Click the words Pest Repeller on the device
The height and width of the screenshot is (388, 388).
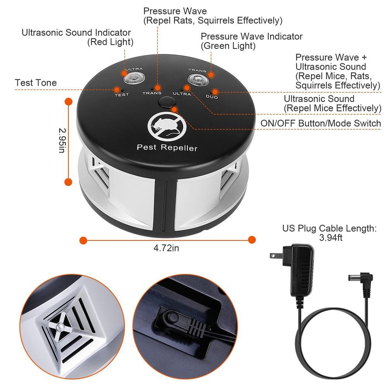167,148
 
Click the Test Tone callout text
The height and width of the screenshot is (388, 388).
36,83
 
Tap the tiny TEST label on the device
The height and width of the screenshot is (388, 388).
121,95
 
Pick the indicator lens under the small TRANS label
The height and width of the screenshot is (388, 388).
197,80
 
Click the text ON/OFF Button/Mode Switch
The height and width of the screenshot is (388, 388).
321,123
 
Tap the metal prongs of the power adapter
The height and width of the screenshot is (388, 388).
275,256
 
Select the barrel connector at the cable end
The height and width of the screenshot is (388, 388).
359,279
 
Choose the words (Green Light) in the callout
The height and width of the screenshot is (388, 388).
228,46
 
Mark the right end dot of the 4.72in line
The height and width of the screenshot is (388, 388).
252,240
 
